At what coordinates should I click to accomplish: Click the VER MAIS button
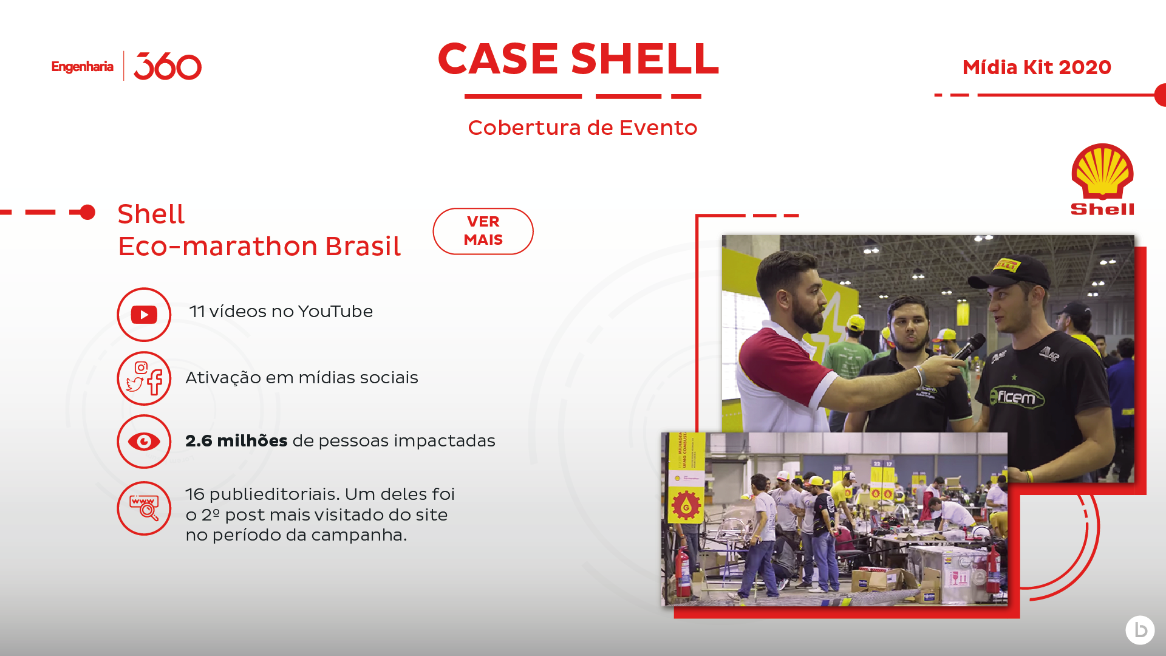pyautogui.click(x=483, y=231)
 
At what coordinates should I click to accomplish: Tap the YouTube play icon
pyautogui.click(x=144, y=315)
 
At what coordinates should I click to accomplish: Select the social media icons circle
pyautogui.click(x=144, y=378)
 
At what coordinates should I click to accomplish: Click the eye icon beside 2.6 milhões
pyautogui.click(x=144, y=442)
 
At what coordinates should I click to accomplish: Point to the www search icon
pyautogui.click(x=144, y=508)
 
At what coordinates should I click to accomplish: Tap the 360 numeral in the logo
pyautogui.click(x=168, y=66)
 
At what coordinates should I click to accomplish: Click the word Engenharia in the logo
pyautogui.click(x=82, y=67)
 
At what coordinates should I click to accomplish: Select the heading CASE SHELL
pyautogui.click(x=578, y=59)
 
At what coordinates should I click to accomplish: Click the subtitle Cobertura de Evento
pyautogui.click(x=582, y=128)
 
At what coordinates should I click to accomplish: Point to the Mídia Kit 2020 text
pyautogui.click(x=1037, y=67)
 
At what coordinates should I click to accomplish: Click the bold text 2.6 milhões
pyautogui.click(x=236, y=441)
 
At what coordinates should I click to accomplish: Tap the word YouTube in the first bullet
pyautogui.click(x=335, y=312)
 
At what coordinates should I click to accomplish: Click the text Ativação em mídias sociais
pyautogui.click(x=302, y=378)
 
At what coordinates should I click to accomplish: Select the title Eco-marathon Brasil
pyautogui.click(x=259, y=247)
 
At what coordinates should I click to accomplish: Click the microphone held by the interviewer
pyautogui.click(x=969, y=346)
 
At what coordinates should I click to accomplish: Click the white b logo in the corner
pyautogui.click(x=1140, y=630)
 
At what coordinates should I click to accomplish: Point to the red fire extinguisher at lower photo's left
pyautogui.click(x=683, y=571)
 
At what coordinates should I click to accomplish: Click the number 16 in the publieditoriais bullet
pyautogui.click(x=195, y=494)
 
